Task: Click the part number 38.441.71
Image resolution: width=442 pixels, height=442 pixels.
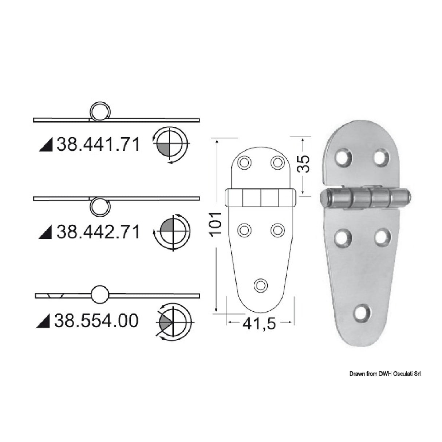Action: (x=98, y=145)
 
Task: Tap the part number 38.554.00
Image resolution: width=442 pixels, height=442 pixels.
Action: (x=96, y=321)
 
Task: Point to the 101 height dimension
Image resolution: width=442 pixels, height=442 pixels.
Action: (x=216, y=222)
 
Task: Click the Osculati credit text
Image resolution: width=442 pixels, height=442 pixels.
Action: (x=385, y=374)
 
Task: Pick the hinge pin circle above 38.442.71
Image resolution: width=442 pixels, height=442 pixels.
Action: (x=99, y=206)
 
